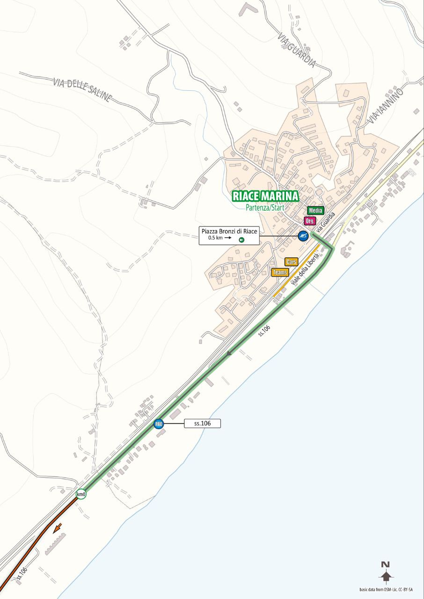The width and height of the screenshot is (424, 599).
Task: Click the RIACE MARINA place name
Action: [x=265, y=196]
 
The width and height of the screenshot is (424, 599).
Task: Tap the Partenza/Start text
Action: [x=265, y=207]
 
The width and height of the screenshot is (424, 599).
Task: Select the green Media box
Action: [x=315, y=211]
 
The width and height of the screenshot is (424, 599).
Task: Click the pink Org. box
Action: [x=310, y=221]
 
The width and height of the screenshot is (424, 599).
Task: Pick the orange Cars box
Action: [x=291, y=262]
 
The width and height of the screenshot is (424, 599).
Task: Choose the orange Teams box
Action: [x=280, y=272]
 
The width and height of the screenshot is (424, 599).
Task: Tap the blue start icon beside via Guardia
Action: [x=303, y=236]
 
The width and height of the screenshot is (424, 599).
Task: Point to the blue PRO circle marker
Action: [x=159, y=424]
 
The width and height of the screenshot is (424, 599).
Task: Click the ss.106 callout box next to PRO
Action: [x=202, y=424]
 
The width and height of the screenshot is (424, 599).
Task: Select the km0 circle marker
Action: [x=81, y=494]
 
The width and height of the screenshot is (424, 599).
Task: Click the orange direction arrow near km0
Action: [x=58, y=529]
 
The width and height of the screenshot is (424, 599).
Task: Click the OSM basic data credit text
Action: [x=389, y=589]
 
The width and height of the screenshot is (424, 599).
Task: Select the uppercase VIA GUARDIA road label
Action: [x=296, y=50]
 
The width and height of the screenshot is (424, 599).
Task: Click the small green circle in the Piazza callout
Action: [x=241, y=240]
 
